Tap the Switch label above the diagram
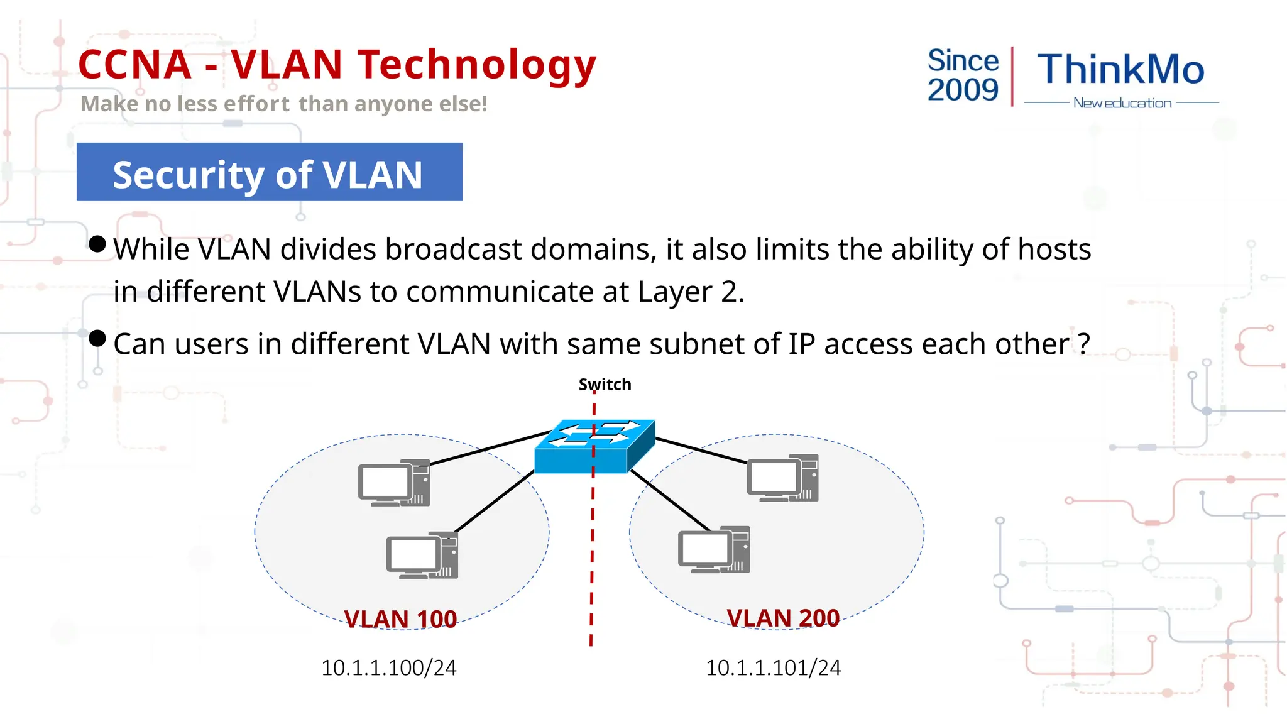605,384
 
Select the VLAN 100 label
400,619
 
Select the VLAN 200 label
783,618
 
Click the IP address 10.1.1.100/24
388,667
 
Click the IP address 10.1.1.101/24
773,667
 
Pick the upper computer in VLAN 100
394,483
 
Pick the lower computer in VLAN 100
422,556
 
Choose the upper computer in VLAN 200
782,478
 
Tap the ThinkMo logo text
1120,69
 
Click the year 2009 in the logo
963,90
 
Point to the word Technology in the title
477,65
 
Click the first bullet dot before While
97,244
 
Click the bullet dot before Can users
97,339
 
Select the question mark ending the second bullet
1083,344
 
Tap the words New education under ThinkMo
1122,103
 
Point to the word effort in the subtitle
256,104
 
